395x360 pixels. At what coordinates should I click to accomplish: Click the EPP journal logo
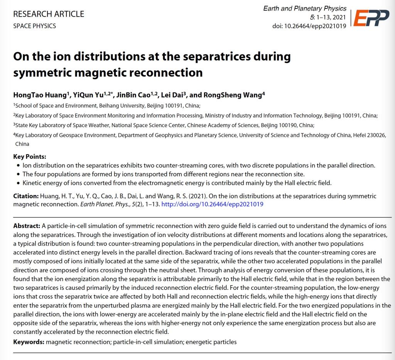coord(371,18)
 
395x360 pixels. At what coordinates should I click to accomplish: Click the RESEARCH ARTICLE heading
coord(49,14)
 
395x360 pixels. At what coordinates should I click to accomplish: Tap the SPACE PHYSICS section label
coord(35,26)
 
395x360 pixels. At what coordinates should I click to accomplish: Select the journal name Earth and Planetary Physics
coord(305,8)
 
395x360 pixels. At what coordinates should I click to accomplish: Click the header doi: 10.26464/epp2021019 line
coord(309,26)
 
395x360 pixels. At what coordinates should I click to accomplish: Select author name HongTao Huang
coord(41,95)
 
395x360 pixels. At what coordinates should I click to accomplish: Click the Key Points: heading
coord(30,156)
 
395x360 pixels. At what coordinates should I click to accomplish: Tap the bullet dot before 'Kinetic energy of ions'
coord(19,183)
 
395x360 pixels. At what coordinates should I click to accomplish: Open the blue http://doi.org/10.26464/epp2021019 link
coord(212,204)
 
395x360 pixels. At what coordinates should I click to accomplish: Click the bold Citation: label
coord(26,196)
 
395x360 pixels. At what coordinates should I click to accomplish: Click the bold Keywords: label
coord(29,342)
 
